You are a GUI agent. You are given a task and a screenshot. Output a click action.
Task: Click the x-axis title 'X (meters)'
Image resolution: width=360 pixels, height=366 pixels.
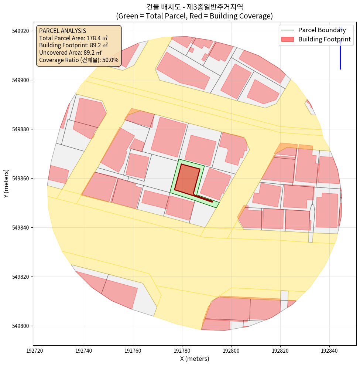(195, 359)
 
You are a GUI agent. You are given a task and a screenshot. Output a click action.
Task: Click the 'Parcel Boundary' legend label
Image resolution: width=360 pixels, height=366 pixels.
(322, 30)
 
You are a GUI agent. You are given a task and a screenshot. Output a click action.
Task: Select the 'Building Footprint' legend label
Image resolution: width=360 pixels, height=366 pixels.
(324, 39)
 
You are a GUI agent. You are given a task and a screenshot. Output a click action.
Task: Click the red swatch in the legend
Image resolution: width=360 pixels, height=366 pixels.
(288, 39)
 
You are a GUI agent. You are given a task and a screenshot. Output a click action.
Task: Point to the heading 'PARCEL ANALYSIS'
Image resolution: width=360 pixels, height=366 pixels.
(62, 31)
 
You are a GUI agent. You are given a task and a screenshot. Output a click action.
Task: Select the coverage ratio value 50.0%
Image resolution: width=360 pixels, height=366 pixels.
(110, 60)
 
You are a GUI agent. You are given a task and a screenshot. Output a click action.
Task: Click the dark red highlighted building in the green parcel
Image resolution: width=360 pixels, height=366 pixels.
(186, 179)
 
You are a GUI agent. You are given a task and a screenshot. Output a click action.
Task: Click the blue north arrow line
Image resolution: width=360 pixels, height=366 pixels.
(340, 55)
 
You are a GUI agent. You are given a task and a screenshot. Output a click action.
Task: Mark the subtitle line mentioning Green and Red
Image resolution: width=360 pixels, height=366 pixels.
(195, 16)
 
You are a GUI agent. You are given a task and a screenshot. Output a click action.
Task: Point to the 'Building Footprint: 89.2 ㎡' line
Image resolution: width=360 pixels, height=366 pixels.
(73, 45)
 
